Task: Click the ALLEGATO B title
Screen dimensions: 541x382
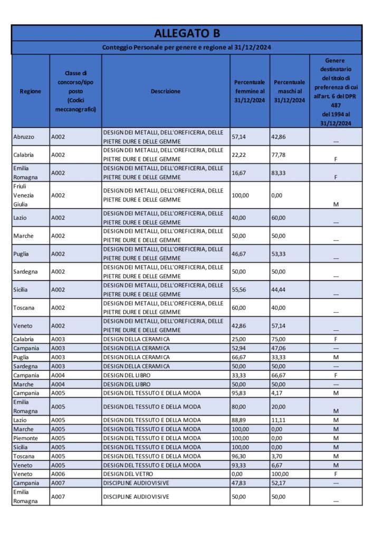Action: click(187, 33)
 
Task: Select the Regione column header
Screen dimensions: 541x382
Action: click(30, 91)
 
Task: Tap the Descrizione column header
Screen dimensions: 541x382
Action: click(165, 91)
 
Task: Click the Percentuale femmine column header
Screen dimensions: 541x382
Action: click(250, 91)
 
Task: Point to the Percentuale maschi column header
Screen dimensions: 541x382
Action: click(289, 91)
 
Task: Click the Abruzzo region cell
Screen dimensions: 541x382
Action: click(24, 137)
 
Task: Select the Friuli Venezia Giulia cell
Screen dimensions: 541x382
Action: click(23, 195)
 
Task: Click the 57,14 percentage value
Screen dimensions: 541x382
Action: click(239, 137)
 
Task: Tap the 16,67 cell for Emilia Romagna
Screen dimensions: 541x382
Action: click(239, 173)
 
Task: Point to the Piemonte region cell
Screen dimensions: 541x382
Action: click(26, 438)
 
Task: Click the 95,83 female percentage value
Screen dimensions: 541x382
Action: click(239, 393)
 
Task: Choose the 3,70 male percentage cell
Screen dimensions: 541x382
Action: click(277, 456)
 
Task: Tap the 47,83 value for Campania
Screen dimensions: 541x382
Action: click(239, 483)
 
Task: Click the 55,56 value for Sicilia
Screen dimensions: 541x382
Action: click(239, 290)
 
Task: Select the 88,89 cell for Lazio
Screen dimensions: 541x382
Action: click(239, 420)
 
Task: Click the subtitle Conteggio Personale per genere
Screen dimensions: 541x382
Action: click(187, 48)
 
